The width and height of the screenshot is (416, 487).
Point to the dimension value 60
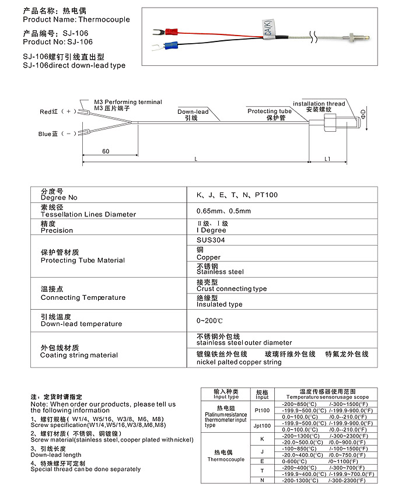coord(106,152)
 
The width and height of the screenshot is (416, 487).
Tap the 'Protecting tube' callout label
coord(270,111)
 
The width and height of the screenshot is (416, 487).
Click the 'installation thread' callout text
coord(319,104)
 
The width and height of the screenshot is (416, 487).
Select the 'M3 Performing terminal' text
coord(128,102)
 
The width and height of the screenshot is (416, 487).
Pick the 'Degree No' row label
coord(59,198)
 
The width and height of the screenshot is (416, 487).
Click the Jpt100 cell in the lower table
coord(263,426)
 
